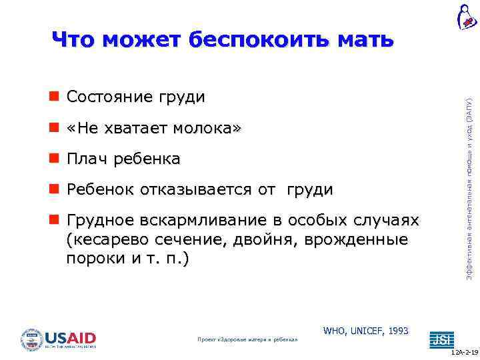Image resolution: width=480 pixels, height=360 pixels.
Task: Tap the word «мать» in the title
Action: (x=365, y=40)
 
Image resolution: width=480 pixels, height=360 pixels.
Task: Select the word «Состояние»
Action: (x=109, y=97)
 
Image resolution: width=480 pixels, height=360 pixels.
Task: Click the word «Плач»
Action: (x=87, y=159)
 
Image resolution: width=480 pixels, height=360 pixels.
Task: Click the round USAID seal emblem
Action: (x=32, y=339)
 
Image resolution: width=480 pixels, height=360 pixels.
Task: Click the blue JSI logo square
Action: (x=441, y=339)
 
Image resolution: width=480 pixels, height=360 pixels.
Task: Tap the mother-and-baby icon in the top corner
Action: (x=467, y=17)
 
